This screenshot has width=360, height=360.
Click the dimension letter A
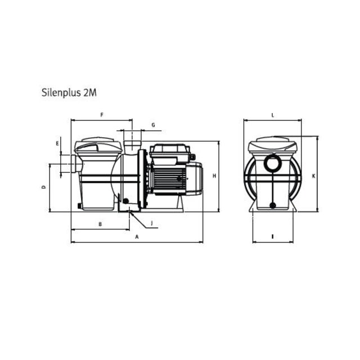click(136, 237)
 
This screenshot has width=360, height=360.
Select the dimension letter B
click(100, 224)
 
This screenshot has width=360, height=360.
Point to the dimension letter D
click(43, 187)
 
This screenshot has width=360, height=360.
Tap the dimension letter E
click(57, 144)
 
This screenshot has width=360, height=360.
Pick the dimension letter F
click(102, 115)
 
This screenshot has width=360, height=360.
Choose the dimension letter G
click(152, 124)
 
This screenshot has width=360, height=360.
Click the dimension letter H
click(214, 176)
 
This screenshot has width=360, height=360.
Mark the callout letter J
click(151, 223)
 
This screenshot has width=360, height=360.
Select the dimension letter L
click(272, 115)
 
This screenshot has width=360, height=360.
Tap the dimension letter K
click(313, 175)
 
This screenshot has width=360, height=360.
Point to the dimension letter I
click(272, 236)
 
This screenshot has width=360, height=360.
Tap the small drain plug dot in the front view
click(272, 205)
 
